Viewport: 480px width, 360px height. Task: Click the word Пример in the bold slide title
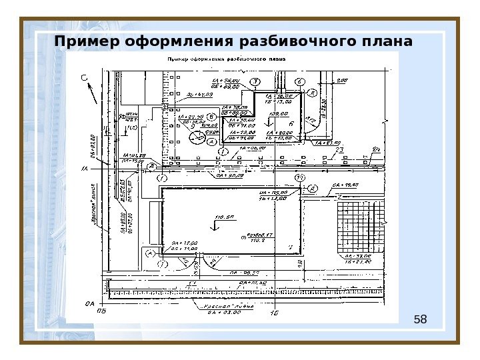pos(83,43)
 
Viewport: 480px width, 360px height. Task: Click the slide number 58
pos(420,321)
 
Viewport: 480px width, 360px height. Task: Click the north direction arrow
pos(92,93)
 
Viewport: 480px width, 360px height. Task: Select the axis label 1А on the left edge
pos(85,169)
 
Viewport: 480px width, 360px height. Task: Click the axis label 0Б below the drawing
pos(101,311)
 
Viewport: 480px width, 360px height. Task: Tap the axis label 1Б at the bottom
pos(273,312)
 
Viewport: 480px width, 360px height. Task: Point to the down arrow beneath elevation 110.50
pos(214,227)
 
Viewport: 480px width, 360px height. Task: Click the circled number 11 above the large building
pos(299,177)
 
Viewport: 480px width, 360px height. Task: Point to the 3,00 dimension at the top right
pos(341,81)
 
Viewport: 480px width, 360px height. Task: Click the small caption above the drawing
pos(226,59)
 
